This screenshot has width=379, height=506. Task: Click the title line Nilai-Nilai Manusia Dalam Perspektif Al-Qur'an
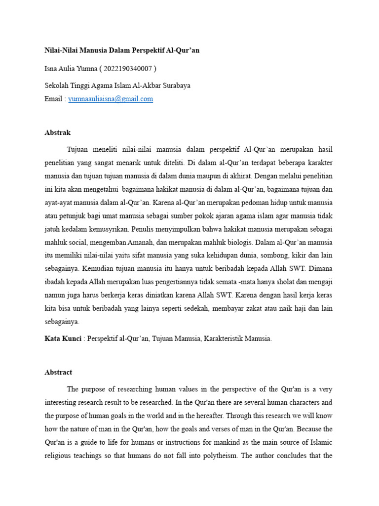click(122, 50)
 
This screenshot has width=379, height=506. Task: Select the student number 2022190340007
click(131, 68)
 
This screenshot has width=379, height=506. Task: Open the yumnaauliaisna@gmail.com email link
click(111, 99)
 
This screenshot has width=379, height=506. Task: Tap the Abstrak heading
click(58, 133)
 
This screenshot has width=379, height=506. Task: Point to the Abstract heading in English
click(58, 373)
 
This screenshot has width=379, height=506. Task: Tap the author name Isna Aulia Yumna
click(70, 68)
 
